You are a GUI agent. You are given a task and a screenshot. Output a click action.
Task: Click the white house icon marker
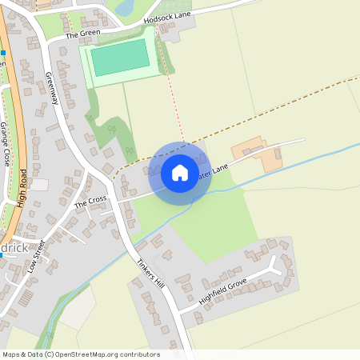point(179,172)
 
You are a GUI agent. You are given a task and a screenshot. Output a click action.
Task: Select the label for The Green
point(82,35)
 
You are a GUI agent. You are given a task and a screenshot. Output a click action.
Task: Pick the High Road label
point(22,188)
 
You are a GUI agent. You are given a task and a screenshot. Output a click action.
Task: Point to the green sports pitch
point(120,58)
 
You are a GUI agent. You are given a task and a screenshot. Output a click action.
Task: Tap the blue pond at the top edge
point(124,7)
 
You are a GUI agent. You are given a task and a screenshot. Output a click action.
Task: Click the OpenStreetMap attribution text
point(80,354)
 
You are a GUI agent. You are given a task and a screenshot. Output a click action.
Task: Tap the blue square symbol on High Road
point(2,53)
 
